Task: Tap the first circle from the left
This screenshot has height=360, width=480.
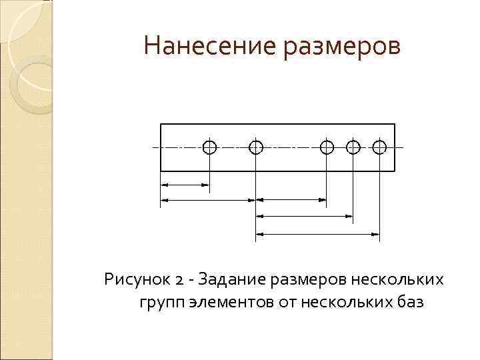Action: (209, 147)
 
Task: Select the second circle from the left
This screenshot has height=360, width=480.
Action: (255, 147)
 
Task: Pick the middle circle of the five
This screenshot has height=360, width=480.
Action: (327, 147)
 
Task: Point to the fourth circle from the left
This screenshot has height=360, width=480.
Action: (353, 147)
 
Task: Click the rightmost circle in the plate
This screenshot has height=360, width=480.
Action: (379, 147)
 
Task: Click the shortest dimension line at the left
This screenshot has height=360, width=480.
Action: (185, 184)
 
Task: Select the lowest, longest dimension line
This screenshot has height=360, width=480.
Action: (317, 233)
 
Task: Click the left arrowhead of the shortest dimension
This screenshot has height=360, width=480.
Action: (165, 184)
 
